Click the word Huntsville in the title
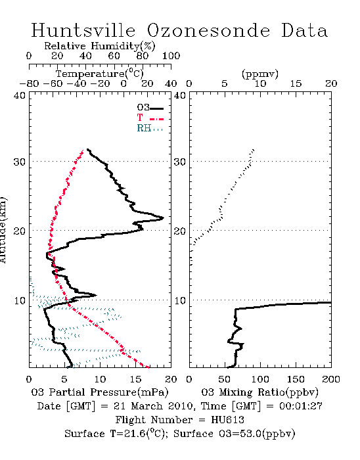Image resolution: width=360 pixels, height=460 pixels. pos(83,30)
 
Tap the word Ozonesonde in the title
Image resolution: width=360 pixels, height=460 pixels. pos(208,30)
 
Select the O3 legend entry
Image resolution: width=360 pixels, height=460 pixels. pos(150,108)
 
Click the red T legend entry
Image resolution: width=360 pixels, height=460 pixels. pos(150,118)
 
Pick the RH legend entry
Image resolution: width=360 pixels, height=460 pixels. pos(150,129)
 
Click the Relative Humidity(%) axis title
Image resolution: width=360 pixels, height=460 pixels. pos(100,46)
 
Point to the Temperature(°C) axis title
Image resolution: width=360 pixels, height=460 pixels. pos(100,74)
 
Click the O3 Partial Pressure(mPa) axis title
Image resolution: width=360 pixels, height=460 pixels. pos(100,392)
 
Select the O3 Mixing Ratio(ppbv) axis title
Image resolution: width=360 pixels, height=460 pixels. pos(259,392)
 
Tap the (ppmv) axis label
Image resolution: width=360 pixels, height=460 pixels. pos(260,74)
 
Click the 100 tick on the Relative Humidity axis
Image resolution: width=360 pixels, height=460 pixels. pos(171,56)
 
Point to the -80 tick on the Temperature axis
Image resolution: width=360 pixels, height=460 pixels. pos(29,84)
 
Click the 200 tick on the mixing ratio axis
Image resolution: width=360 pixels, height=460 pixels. pos(331,379)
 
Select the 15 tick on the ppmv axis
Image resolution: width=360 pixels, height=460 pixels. pos(296,84)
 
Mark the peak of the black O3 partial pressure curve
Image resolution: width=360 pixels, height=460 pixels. pos(164,218)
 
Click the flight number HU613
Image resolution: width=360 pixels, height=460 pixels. pos(227,420)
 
